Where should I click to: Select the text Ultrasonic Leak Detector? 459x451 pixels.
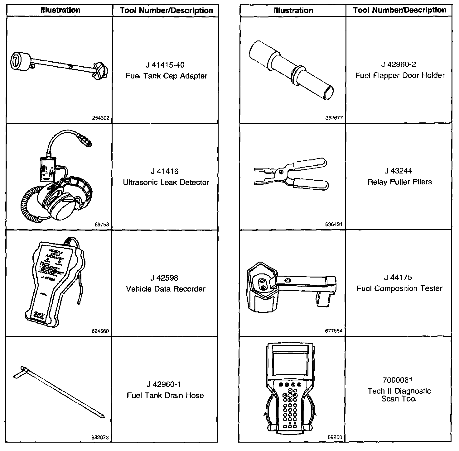pos(166,183)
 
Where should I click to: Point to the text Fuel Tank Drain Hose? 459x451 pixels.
pos(165,395)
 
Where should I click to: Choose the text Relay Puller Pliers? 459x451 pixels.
pos(399,182)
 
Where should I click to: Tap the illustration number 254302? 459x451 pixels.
pos(101,118)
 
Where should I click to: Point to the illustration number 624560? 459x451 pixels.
pos(100,331)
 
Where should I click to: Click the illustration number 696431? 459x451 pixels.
pos(334,225)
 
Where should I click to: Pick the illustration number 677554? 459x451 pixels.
pos(334,331)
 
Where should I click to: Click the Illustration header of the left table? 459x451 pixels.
pos(60,10)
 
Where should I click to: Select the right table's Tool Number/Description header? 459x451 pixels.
pos(399,10)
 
